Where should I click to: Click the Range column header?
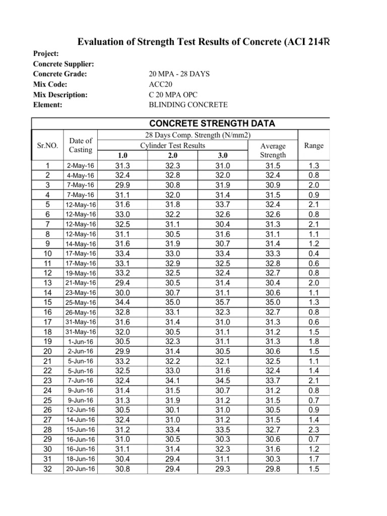coord(314,145)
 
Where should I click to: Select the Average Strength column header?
coord(273,150)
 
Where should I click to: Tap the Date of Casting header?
coord(81,145)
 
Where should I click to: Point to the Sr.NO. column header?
coord(48,146)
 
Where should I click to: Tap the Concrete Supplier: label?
coord(64,64)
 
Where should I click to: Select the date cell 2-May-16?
coord(81,165)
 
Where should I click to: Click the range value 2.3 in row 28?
coord(314,429)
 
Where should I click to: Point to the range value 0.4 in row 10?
coord(314,253)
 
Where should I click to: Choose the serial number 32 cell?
coord(48,469)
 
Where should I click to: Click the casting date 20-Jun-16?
coord(81,469)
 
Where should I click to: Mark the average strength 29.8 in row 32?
coord(273,469)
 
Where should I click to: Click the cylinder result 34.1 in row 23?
coord(172,380)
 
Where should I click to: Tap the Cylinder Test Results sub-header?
coord(173,145)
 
